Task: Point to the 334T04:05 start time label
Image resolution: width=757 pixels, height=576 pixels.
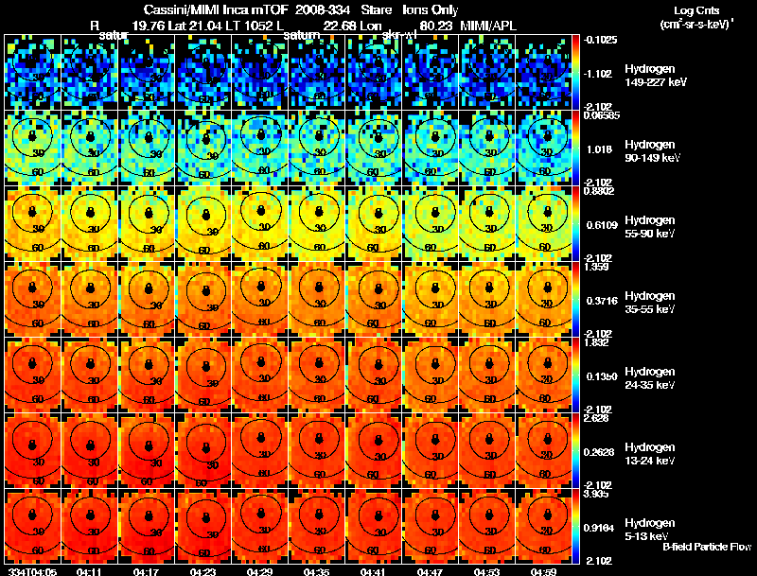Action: coord(30,570)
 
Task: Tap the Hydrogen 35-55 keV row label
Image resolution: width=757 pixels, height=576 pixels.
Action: coord(651,303)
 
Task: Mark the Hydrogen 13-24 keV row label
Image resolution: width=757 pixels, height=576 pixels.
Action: coord(651,454)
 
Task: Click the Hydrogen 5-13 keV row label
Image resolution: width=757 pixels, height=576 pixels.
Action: coord(651,529)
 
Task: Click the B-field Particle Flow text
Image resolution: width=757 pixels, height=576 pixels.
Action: coord(706,547)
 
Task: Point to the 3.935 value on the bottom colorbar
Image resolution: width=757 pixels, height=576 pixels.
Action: coord(596,494)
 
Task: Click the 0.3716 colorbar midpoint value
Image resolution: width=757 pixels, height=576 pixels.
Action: coord(599,300)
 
